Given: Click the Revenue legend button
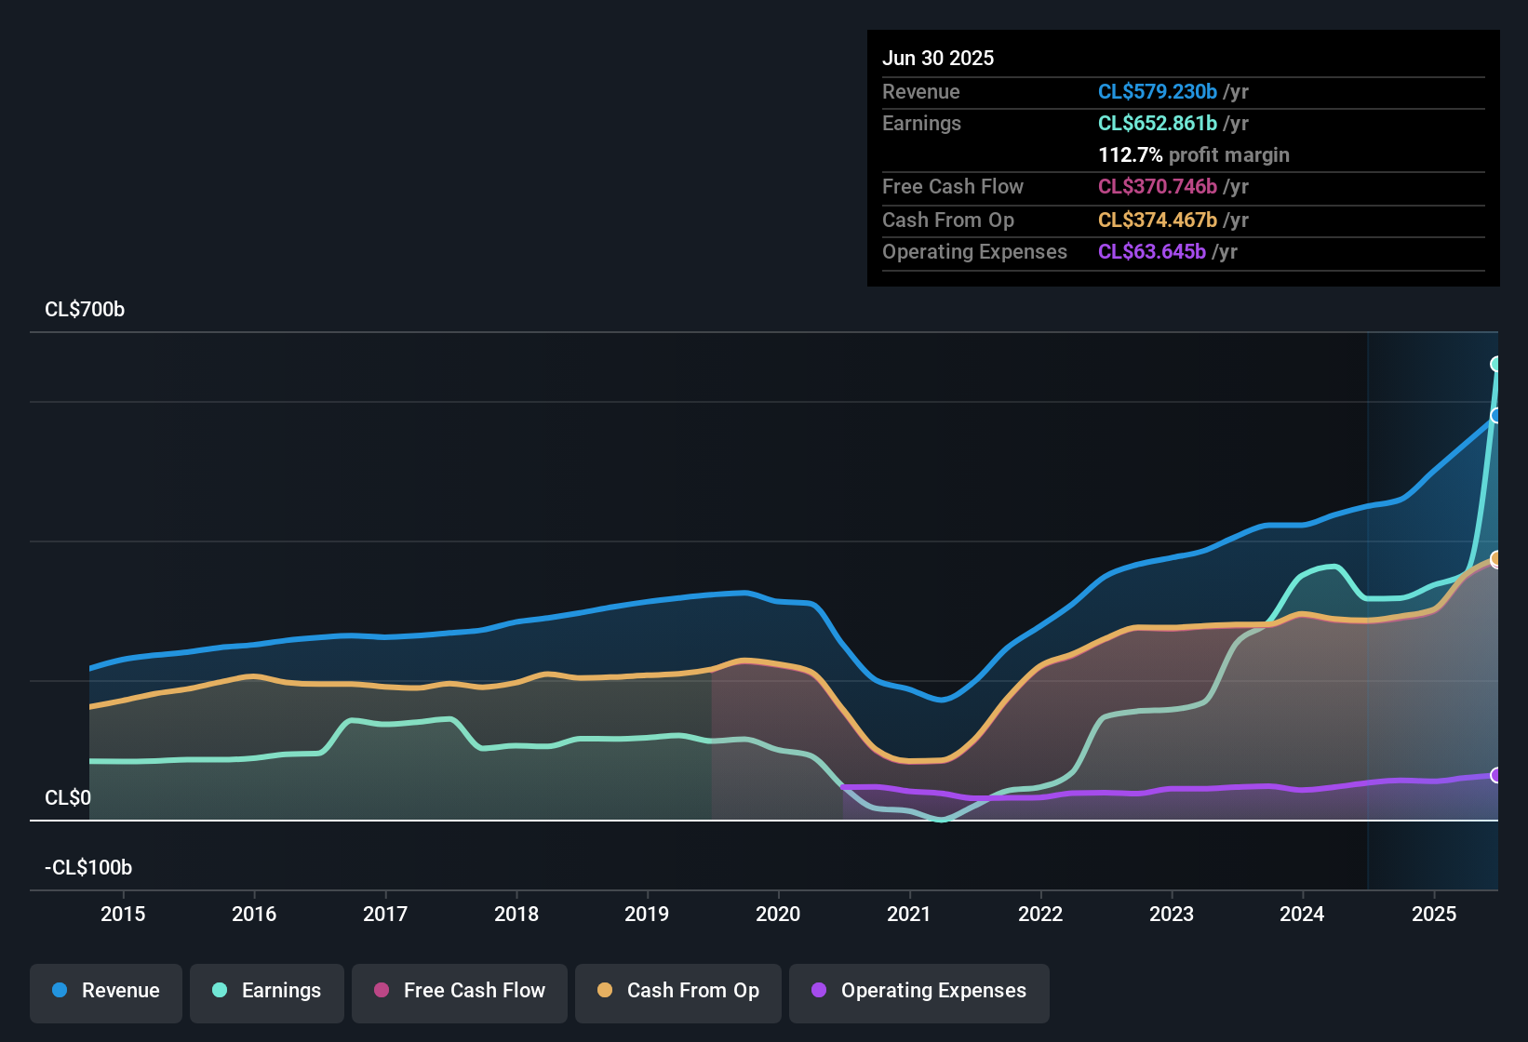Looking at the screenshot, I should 106,991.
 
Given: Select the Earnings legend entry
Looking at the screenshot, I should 267,991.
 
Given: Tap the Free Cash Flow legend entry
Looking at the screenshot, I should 460,991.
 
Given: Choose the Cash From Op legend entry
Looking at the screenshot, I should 678,991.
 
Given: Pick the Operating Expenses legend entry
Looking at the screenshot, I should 919,991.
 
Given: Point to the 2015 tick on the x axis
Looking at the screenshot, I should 123,914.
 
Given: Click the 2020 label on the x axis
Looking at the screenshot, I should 778,914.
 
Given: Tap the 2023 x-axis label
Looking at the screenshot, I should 1172,914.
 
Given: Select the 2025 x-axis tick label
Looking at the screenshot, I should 1434,914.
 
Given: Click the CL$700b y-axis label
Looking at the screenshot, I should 85,310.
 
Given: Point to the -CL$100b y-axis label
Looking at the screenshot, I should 88,868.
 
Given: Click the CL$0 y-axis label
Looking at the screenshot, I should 68,798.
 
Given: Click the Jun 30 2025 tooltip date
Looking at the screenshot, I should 938,59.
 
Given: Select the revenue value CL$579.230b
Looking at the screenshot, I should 1157,92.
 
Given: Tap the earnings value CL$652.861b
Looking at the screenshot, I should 1157,124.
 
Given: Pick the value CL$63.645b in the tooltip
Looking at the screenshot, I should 1151,252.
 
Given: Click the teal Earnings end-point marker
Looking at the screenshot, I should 1496,364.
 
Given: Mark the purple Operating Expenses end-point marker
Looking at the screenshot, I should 1496,775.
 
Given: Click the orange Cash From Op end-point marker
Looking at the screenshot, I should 1496,559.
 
